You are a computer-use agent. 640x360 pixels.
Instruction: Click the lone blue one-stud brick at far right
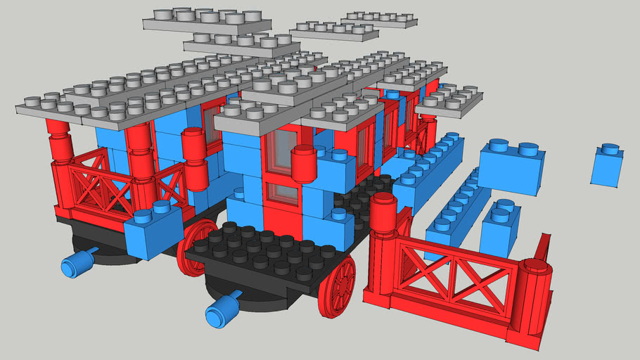click(x=607, y=168)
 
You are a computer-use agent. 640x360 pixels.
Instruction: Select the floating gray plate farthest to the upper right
click(x=380, y=18)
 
